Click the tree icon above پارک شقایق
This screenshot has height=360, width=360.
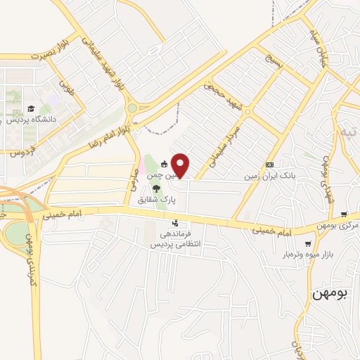click(156, 188)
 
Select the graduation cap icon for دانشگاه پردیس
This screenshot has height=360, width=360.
click(30, 108)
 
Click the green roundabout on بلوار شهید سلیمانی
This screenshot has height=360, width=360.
click(131, 108)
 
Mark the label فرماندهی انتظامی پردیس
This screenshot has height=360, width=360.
click(176, 239)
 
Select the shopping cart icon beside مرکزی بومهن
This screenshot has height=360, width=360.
click(343, 214)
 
